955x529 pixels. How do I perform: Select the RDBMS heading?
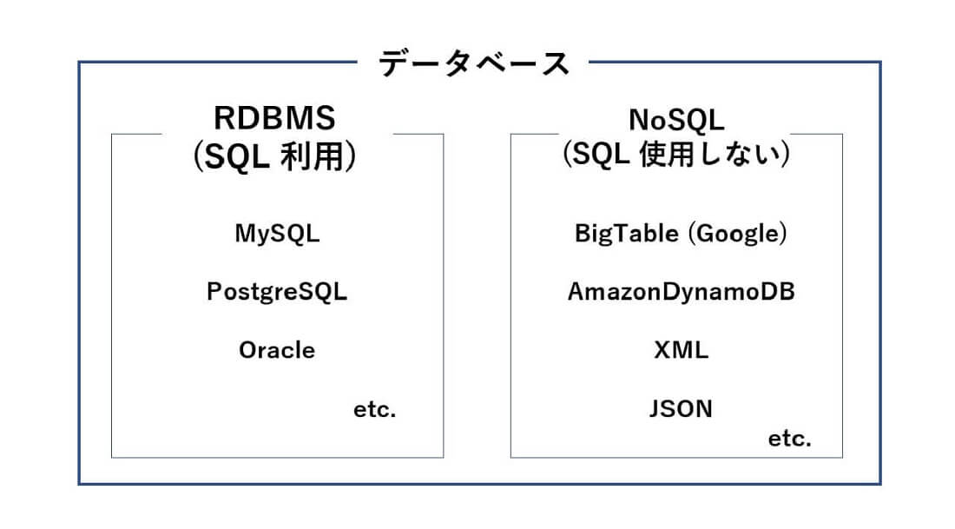[274, 118]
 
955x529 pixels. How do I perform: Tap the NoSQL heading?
[675, 117]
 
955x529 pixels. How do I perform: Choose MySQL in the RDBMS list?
[277, 234]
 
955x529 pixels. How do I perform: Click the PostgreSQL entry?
[277, 292]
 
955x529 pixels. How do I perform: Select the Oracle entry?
[277, 350]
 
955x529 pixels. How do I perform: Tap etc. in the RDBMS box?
[374, 410]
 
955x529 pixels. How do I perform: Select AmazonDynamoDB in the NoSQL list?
[681, 292]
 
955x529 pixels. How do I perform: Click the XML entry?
[681, 350]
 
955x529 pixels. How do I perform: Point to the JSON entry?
[681, 408]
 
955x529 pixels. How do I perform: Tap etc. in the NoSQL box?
[789, 439]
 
